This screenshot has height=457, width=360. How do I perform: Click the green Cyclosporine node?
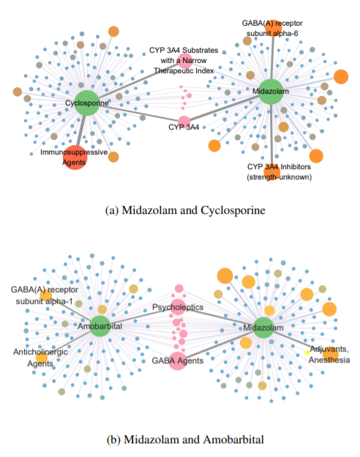click(87, 103)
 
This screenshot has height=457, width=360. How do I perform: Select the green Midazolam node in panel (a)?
click(271, 92)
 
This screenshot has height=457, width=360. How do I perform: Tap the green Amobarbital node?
click(100, 326)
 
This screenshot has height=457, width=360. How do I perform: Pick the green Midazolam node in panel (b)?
click(263, 327)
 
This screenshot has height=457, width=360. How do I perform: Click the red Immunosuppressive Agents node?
click(75, 157)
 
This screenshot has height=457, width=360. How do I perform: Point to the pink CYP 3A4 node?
click(184, 122)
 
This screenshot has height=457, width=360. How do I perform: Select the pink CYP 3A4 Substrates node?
click(185, 61)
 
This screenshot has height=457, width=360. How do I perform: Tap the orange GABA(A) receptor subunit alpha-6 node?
click(273, 28)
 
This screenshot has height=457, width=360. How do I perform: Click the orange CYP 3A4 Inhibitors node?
click(271, 171)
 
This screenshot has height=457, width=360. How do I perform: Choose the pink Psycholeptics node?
click(178, 307)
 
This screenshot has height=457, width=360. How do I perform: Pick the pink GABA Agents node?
click(178, 361)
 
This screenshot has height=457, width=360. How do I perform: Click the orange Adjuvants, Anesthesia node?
click(331, 354)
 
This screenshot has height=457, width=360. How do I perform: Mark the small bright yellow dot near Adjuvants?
click(307, 353)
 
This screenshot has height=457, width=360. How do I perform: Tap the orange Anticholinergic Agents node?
click(42, 357)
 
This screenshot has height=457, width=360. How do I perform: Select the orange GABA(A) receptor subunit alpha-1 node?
click(46, 295)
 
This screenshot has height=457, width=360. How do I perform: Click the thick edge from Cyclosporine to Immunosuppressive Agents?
click(81, 130)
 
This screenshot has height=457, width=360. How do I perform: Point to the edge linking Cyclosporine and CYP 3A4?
click(138, 113)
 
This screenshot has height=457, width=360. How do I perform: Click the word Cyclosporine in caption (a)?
click(233, 210)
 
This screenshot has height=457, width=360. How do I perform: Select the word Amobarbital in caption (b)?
click(233, 439)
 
